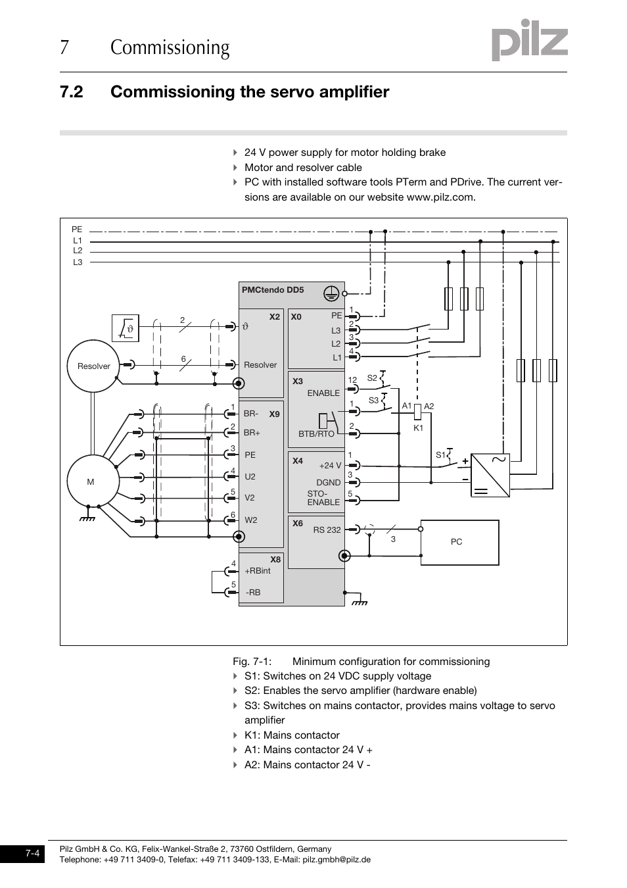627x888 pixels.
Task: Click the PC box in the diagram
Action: pos(459,542)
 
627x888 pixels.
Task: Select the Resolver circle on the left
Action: pos(94,366)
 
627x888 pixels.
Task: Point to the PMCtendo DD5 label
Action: pos(273,290)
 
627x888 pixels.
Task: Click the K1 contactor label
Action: pos(419,428)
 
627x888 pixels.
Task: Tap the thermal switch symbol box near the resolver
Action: pos(126,328)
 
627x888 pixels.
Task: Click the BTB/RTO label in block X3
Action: pos(316,434)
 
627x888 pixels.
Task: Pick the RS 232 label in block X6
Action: pos(327,530)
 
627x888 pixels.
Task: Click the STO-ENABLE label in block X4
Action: pos(323,498)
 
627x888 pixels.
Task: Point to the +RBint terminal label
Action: pos(258,571)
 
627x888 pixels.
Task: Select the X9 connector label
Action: pos(274,414)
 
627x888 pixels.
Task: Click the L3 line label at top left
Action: pos(78,262)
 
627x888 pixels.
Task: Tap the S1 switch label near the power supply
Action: pos(440,455)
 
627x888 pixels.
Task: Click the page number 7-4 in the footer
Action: pos(32,854)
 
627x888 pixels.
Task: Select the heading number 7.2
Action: pos(71,92)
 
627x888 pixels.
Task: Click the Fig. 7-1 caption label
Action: pos(252,662)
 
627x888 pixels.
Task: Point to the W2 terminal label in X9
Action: pos(251,520)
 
